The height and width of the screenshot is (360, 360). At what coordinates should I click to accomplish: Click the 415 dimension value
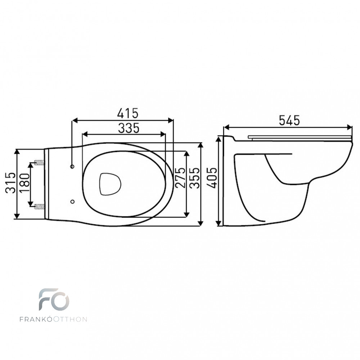[x=128, y=113]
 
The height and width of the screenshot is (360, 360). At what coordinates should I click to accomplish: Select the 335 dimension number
[x=129, y=128]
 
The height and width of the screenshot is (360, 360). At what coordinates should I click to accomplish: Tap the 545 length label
[x=289, y=120]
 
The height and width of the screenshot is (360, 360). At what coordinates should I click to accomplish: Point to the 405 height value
[x=211, y=178]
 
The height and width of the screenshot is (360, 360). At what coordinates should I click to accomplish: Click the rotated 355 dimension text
[x=195, y=178]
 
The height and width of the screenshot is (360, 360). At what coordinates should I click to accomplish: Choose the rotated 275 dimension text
[x=180, y=177]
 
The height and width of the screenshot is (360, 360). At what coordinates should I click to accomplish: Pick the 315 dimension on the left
[x=10, y=183]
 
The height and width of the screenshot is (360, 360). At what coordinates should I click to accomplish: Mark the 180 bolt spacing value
[x=25, y=183]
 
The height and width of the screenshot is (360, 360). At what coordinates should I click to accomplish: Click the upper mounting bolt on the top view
[x=39, y=163]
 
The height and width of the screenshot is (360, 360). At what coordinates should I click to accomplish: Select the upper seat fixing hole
[x=72, y=166]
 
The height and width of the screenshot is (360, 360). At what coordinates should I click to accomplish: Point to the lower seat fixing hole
[x=72, y=202]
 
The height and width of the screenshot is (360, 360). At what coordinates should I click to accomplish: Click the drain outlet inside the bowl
[x=110, y=184]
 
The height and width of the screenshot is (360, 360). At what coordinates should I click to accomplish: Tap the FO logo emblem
[x=54, y=300]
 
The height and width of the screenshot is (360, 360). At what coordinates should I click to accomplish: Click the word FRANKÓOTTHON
[x=53, y=319]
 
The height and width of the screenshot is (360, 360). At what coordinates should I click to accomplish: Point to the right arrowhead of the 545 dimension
[x=349, y=127]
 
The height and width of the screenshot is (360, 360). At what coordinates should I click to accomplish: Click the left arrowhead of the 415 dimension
[x=75, y=120]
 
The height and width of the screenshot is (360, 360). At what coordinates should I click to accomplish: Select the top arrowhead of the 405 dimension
[x=219, y=139]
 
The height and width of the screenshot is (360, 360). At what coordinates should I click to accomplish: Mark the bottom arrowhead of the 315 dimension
[x=17, y=216]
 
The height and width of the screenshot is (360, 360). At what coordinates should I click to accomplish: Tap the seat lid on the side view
[x=300, y=137]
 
